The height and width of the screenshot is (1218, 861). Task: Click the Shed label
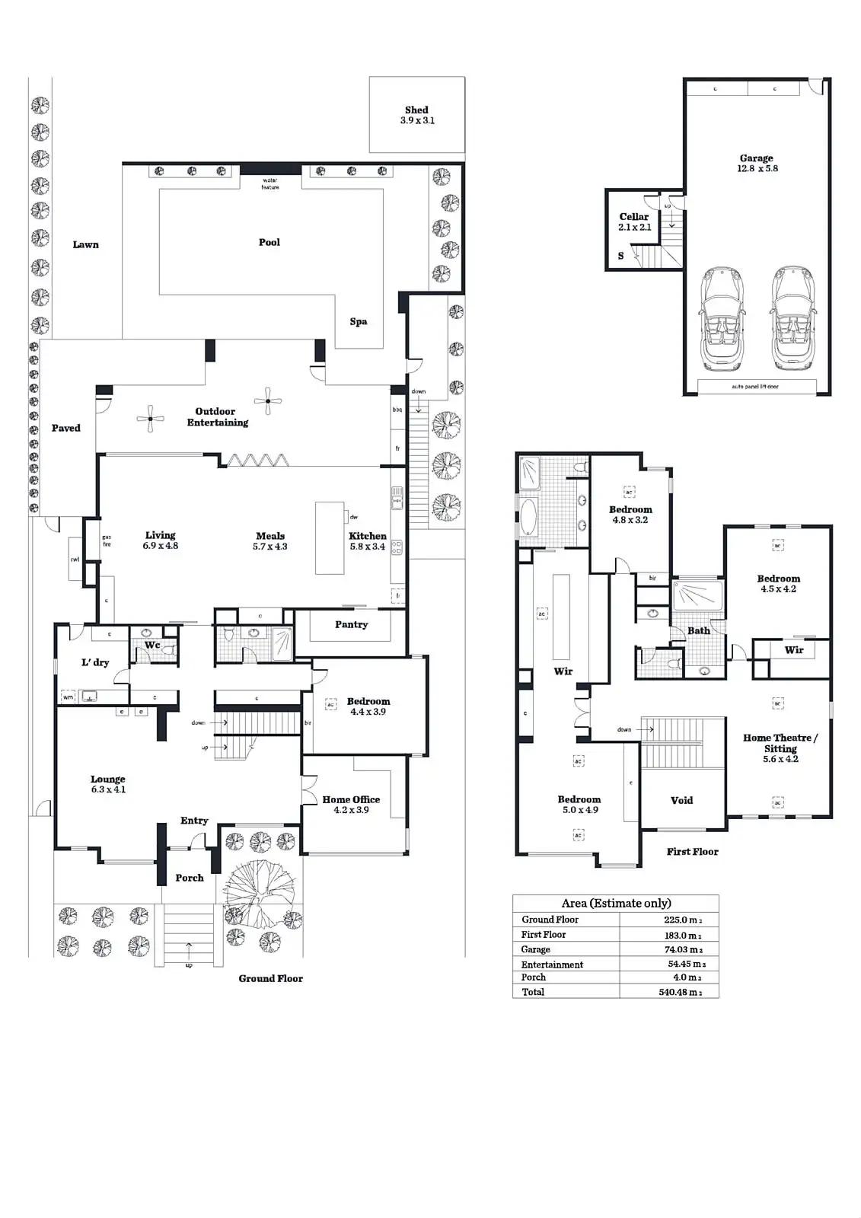pos(416,110)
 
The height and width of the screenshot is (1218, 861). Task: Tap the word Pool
pos(269,242)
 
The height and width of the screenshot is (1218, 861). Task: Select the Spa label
pos(359,321)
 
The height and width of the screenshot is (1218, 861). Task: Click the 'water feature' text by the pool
pos(270,183)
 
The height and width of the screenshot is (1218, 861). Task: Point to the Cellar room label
pos(634,217)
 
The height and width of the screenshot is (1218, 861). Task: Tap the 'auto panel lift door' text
pos(755,387)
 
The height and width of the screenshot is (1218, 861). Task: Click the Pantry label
pos(351,624)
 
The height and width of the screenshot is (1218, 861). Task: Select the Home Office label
pos(351,799)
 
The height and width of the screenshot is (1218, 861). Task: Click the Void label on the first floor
pos(681,800)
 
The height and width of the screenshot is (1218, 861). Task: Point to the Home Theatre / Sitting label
pos(780,743)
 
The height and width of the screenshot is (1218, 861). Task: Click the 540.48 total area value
pos(679,992)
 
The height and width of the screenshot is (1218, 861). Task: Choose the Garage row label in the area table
pos(536,949)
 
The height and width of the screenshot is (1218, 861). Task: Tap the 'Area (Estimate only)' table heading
pos(616,903)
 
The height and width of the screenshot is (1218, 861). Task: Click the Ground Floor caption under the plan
pos(270,978)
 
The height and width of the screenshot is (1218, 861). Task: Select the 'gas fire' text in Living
pos(107,540)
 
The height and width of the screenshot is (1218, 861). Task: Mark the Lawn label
pos(85,244)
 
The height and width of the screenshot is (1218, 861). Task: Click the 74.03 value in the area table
pos(681,949)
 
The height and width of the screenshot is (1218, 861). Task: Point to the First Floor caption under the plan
pos(692,851)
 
